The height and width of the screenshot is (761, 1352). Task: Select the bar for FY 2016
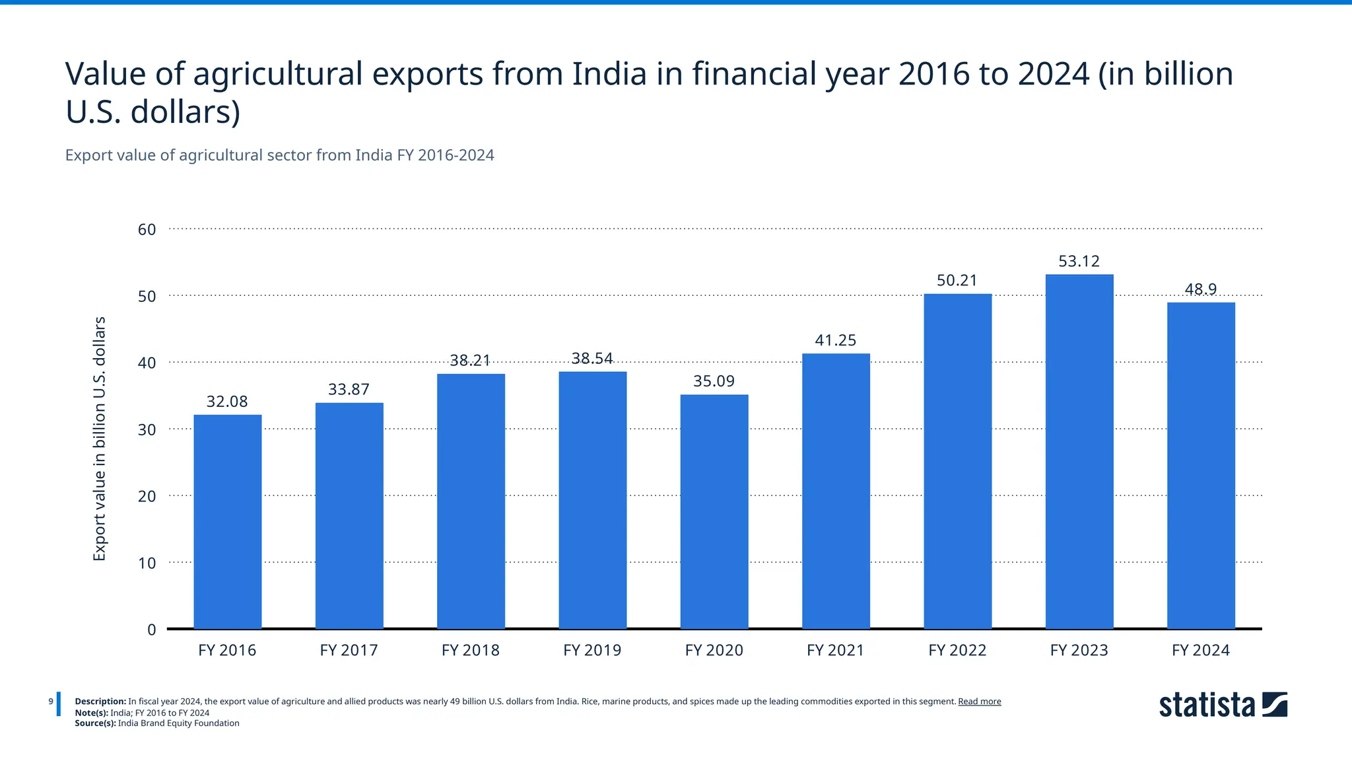tap(227, 522)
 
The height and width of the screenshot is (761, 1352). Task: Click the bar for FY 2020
tap(714, 512)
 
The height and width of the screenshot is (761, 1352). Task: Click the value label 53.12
tap(1079, 261)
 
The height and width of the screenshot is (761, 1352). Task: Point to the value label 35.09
tap(714, 381)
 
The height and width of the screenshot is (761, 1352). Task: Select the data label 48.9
tap(1200, 289)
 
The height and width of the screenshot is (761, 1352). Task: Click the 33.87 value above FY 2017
tap(349, 390)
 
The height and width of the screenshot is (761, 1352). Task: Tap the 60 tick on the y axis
tap(147, 230)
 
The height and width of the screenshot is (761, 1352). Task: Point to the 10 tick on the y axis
tap(147, 563)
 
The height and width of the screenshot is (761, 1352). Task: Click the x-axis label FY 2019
tap(592, 650)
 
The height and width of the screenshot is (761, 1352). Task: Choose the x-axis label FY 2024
tap(1200, 650)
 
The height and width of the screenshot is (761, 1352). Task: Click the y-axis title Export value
tap(99, 439)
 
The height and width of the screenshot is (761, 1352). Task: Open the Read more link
tap(979, 702)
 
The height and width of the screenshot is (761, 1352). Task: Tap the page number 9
tap(51, 702)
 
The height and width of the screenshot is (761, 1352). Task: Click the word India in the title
tap(609, 74)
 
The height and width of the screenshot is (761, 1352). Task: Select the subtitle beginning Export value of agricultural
tap(279, 155)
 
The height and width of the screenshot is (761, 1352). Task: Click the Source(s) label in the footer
tap(95, 723)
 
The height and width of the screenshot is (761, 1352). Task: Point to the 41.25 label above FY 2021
tap(835, 340)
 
